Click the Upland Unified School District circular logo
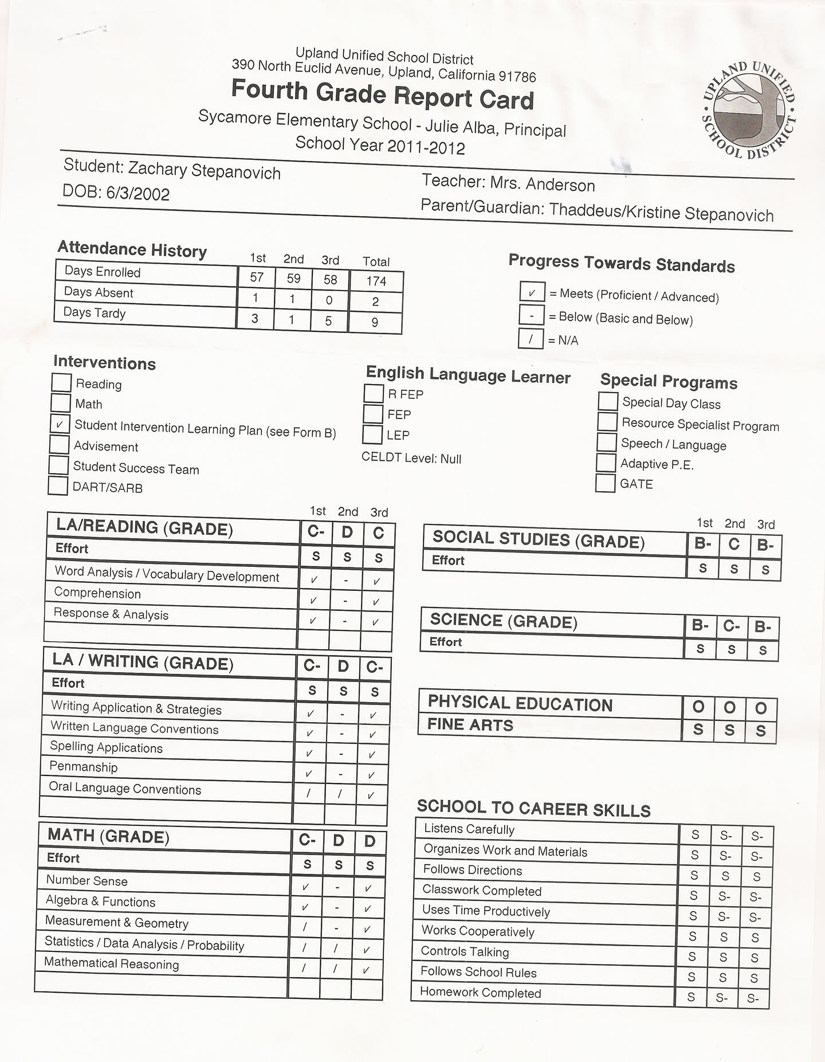pyautogui.click(x=749, y=110)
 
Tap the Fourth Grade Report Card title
pyautogui.click(x=383, y=95)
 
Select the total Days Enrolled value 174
pyautogui.click(x=376, y=281)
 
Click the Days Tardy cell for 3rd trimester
pyautogui.click(x=328, y=321)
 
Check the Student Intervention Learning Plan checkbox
pyautogui.click(x=59, y=424)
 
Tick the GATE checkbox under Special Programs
pyautogui.click(x=605, y=483)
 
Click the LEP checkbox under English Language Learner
pyautogui.click(x=372, y=434)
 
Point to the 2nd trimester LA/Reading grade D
pyautogui.click(x=347, y=532)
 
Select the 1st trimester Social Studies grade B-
pyautogui.click(x=702, y=544)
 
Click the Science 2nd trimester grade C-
pyautogui.click(x=731, y=626)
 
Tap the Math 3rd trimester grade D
pyautogui.click(x=370, y=841)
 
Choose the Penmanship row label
pyautogui.click(x=84, y=766)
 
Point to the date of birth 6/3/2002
pyautogui.click(x=137, y=193)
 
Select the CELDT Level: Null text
pyautogui.click(x=411, y=458)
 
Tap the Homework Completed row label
pyautogui.click(x=480, y=992)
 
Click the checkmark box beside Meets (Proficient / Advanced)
pyautogui.click(x=532, y=292)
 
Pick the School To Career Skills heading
pyautogui.click(x=533, y=808)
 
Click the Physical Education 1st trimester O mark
pyautogui.click(x=698, y=707)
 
